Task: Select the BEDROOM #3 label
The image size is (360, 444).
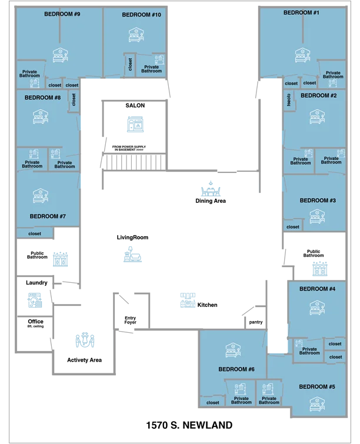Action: [318, 201]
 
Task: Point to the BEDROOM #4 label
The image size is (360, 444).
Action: [317, 289]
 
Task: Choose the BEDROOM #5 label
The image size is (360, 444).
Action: [316, 386]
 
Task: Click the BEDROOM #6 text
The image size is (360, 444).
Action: [236, 369]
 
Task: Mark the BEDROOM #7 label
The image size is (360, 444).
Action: [48, 216]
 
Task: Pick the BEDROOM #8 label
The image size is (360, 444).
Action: [42, 98]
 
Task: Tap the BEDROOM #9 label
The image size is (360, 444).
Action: [62, 14]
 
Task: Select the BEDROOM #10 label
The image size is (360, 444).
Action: [141, 15]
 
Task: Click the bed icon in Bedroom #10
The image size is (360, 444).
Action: [136, 35]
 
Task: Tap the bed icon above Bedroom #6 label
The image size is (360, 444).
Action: [234, 350]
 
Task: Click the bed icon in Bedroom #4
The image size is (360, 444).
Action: [318, 308]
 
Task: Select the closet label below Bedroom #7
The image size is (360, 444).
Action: [35, 233]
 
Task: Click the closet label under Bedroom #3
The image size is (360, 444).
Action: [293, 226]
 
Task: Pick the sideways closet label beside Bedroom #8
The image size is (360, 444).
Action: [74, 99]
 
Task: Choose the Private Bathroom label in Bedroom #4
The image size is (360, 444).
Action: [309, 351]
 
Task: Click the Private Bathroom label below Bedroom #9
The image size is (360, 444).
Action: [29, 74]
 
